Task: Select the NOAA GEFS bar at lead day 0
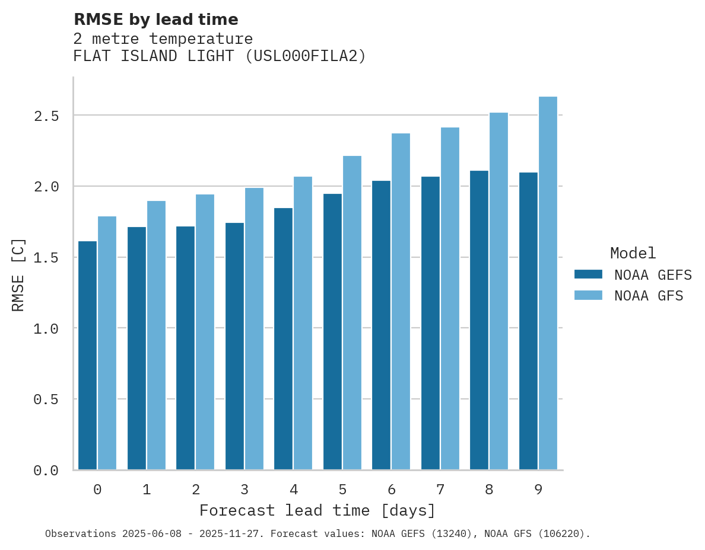click(x=87, y=356)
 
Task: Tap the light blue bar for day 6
click(x=401, y=302)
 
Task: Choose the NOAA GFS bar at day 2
click(x=205, y=332)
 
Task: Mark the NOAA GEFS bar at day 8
click(x=479, y=320)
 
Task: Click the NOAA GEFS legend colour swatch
click(x=588, y=274)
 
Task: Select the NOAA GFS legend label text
click(x=649, y=295)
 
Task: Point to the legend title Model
click(x=633, y=253)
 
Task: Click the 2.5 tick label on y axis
click(x=46, y=116)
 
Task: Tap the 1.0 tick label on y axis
click(x=46, y=328)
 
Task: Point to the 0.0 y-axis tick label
click(x=46, y=471)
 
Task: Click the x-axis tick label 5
click(x=342, y=490)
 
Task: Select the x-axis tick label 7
click(x=440, y=490)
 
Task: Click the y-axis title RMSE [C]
click(x=18, y=274)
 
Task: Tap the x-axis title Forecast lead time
click(x=317, y=511)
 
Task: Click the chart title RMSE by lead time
click(x=155, y=20)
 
